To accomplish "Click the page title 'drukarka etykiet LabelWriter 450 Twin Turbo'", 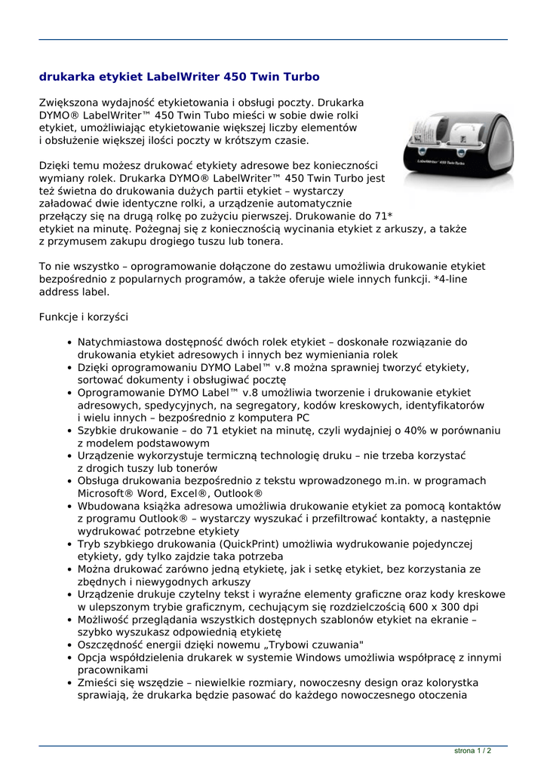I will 179,77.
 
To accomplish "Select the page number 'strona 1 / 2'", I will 473,751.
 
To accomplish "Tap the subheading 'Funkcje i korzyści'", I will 84,317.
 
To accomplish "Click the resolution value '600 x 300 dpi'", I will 444,607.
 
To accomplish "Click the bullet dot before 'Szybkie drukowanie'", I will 69,430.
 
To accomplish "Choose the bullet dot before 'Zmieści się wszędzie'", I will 69,683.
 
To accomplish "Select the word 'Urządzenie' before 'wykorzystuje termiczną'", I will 107,455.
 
